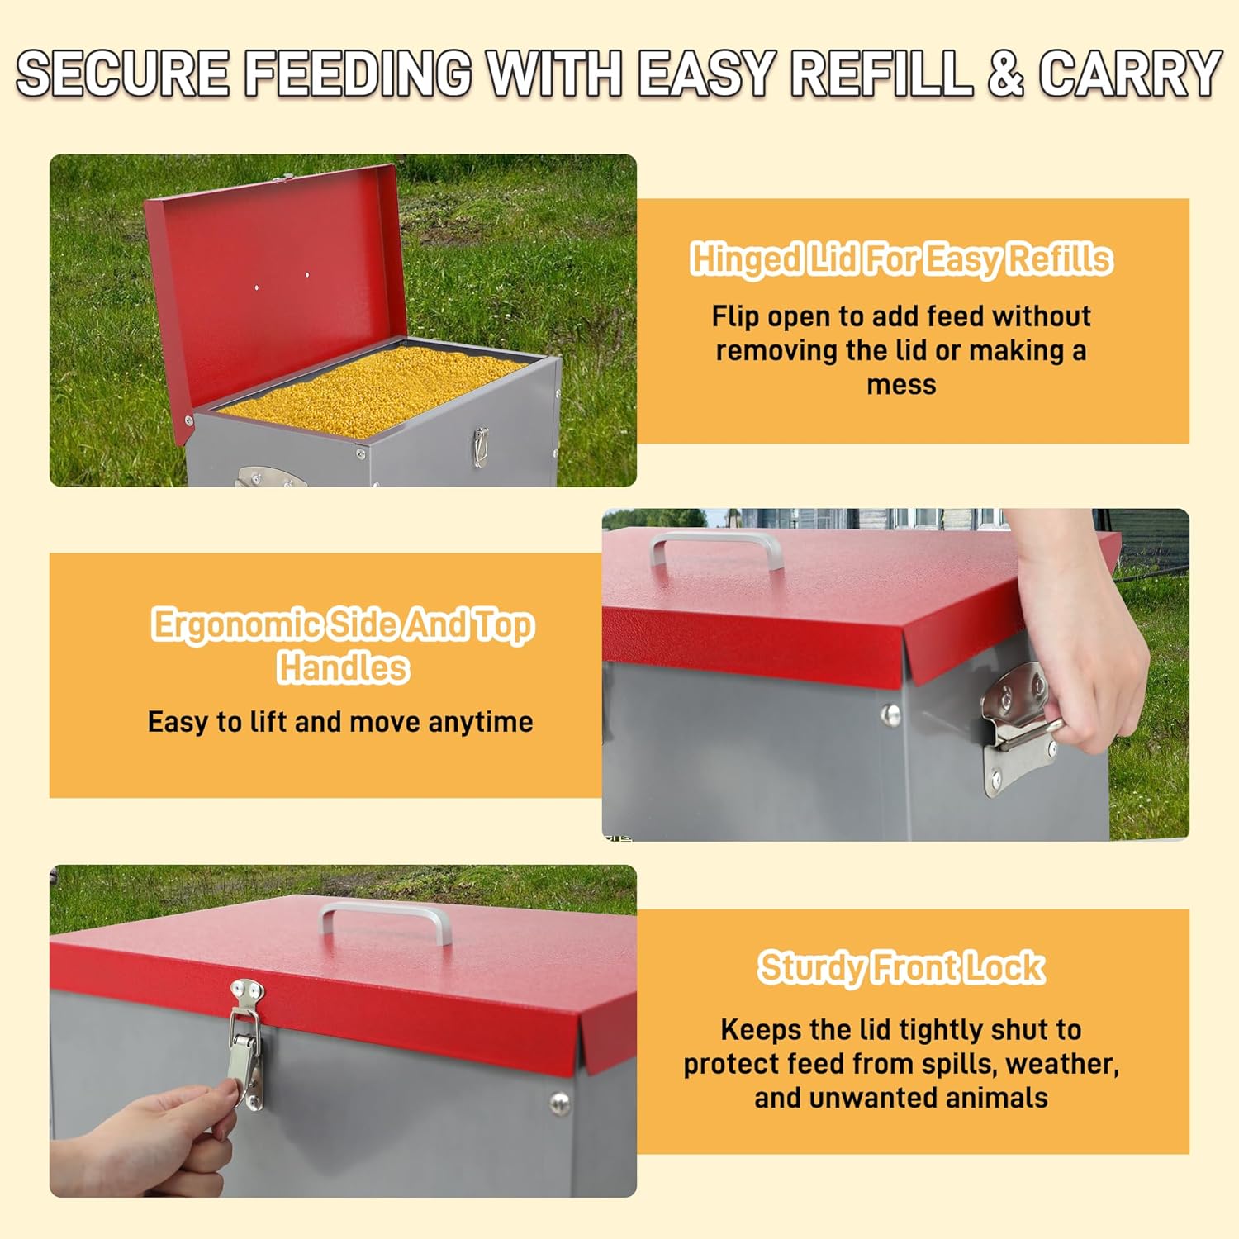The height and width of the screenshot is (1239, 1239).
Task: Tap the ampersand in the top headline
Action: coord(1004,73)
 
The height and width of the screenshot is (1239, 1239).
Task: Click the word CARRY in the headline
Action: coord(1130,73)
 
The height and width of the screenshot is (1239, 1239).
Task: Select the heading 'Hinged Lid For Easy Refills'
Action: coord(901,259)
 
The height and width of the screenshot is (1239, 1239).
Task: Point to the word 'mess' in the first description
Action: coord(901,385)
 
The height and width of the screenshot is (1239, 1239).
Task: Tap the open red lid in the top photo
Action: coord(273,281)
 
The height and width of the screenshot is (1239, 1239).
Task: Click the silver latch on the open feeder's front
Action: coord(480,446)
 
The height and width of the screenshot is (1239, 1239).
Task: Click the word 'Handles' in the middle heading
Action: coord(343,667)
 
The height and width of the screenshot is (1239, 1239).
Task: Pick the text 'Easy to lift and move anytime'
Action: coord(340,722)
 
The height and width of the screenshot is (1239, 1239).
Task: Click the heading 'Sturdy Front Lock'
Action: coord(901,967)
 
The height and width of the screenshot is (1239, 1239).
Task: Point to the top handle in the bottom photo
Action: coord(386,921)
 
